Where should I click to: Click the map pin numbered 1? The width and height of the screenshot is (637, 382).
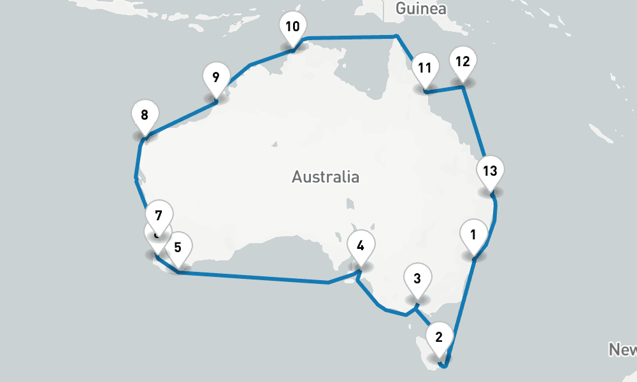[473, 234]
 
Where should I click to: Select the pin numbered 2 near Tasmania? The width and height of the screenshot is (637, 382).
[438, 337]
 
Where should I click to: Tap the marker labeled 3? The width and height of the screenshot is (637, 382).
[417, 278]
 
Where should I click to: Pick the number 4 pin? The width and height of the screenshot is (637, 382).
[361, 246]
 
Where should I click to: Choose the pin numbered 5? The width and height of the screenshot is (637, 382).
[178, 247]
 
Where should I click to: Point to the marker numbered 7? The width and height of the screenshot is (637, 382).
[159, 215]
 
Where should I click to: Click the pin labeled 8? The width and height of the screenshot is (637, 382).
[145, 115]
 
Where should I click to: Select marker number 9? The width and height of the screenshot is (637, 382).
[216, 78]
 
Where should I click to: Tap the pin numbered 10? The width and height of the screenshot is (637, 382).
[292, 27]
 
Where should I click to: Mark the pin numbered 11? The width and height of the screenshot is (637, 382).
[425, 67]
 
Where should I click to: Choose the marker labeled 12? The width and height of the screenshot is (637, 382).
[463, 62]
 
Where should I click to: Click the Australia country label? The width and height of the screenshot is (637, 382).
[326, 176]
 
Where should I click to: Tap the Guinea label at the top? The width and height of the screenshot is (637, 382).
[420, 9]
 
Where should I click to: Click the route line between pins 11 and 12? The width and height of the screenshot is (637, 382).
[445, 90]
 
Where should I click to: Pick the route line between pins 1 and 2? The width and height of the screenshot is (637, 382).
[462, 306]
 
